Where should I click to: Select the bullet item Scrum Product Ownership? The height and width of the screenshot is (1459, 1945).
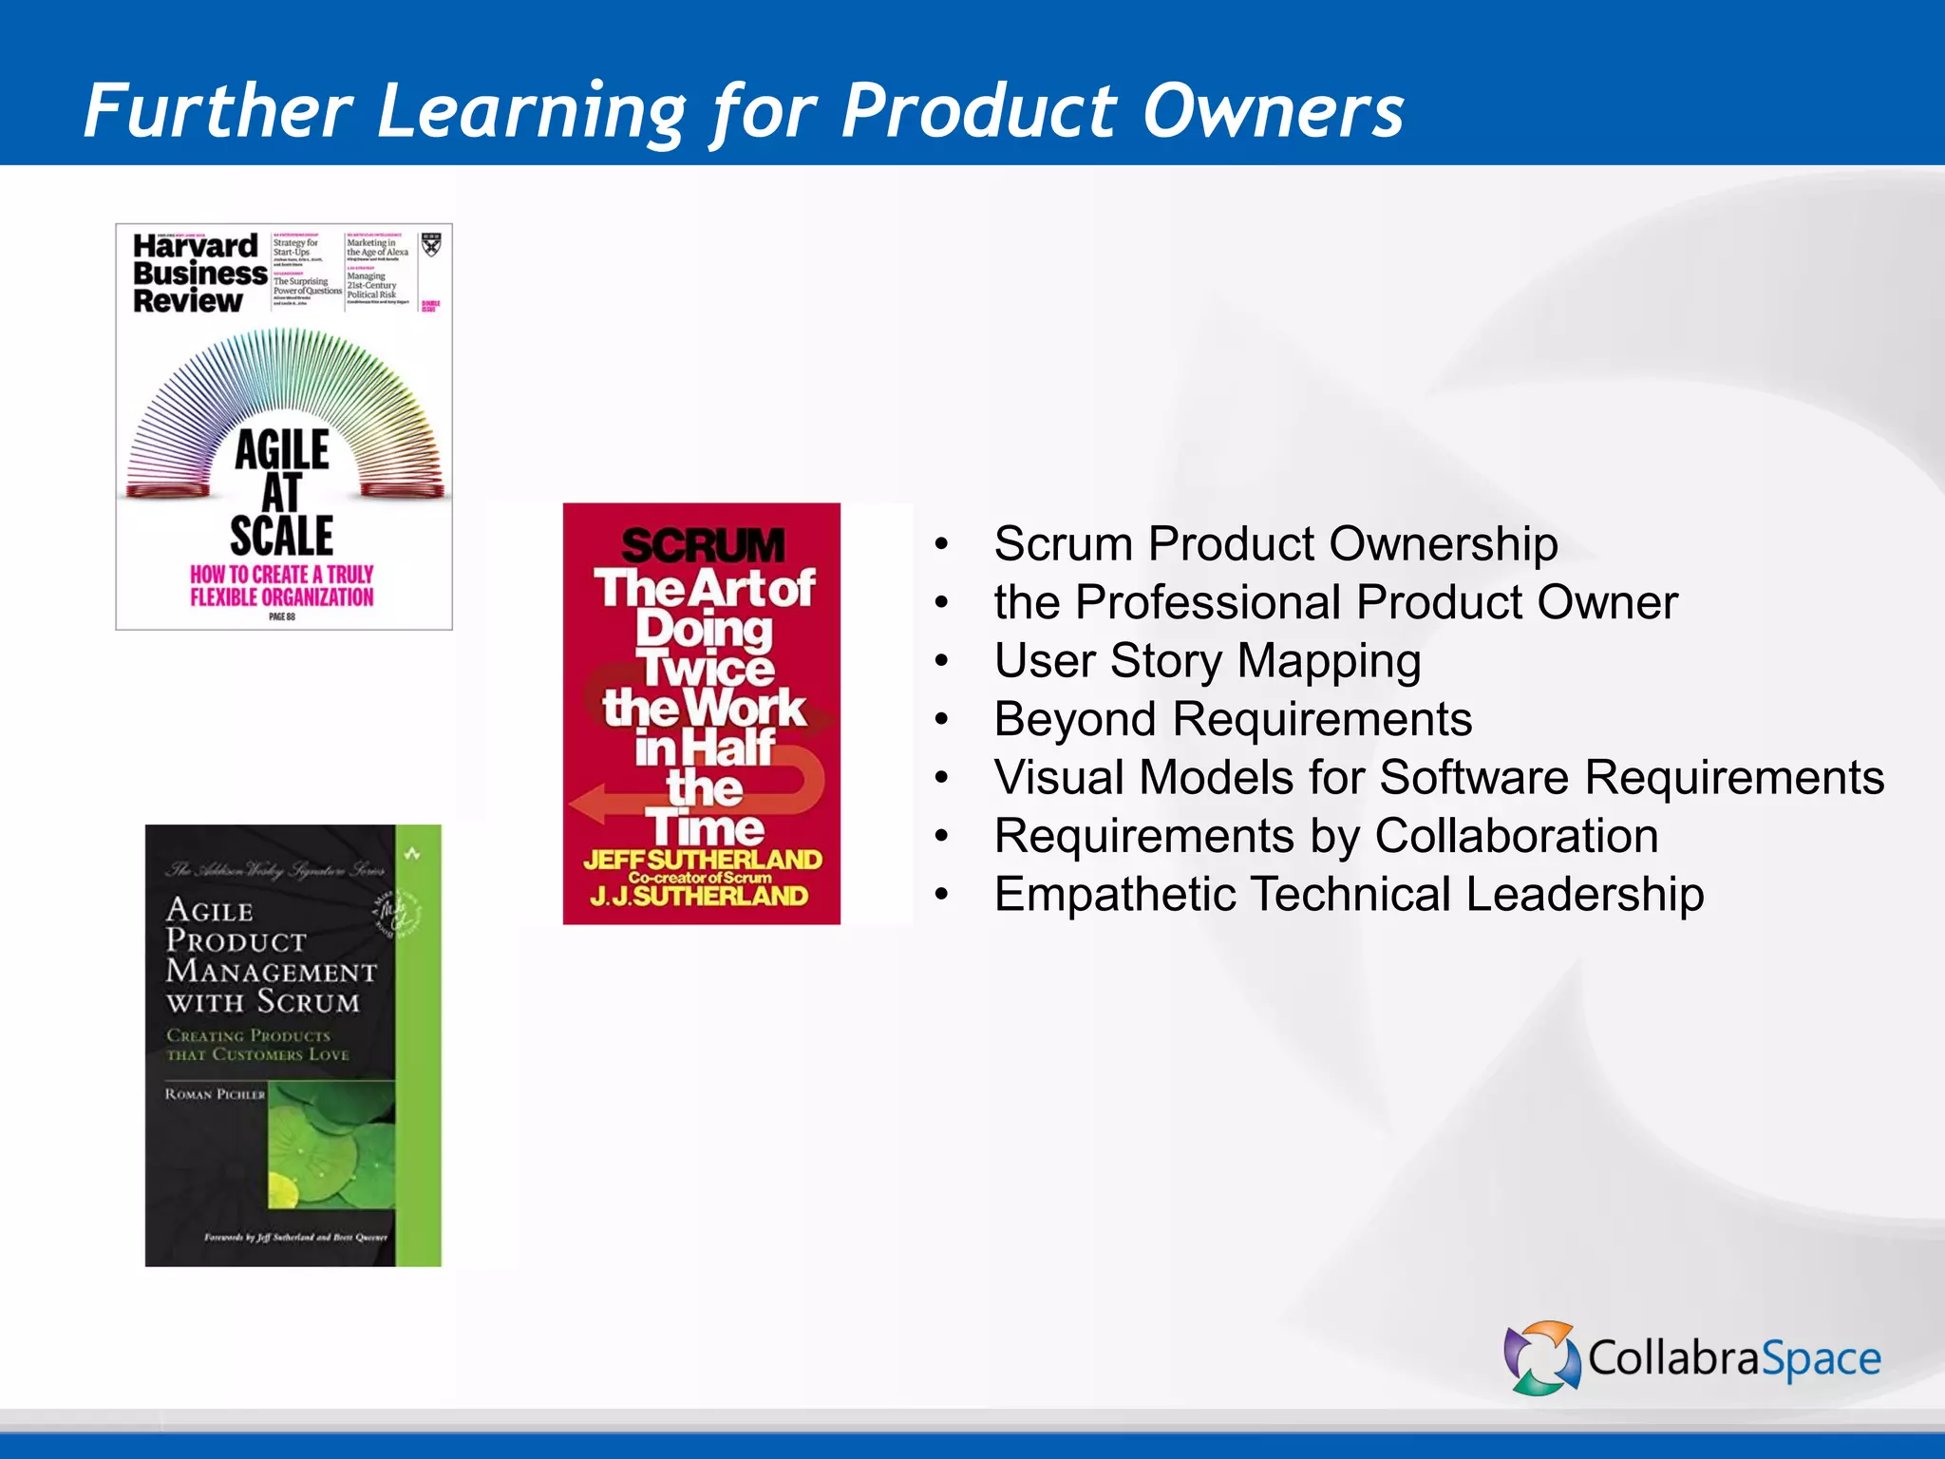coord(1275,544)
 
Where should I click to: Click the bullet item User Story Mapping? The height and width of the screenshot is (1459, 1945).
coord(1207,661)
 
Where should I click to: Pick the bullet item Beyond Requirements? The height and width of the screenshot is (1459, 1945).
coord(1233,719)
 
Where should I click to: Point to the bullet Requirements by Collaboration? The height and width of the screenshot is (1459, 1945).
coord(1326,836)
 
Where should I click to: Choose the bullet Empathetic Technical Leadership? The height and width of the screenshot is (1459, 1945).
coord(1349,895)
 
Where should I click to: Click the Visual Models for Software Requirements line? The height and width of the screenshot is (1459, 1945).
coord(1439,778)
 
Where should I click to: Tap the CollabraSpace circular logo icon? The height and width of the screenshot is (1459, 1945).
coord(1540,1357)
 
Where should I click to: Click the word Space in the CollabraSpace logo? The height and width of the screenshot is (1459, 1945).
coord(1821,1359)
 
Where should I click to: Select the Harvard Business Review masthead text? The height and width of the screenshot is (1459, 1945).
coord(198,274)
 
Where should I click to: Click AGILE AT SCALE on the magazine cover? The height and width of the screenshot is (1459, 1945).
coord(282,493)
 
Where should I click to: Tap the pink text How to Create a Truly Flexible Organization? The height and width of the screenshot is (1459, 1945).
coord(282,586)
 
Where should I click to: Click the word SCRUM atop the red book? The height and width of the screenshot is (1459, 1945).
coord(703,546)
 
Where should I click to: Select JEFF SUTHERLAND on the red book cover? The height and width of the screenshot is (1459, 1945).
coord(703,860)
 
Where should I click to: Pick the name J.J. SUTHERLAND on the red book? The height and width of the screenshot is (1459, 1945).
coord(699,896)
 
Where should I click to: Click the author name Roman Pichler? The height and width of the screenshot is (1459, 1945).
coord(215,1094)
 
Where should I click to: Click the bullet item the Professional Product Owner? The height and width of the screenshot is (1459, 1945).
coord(1335,603)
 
